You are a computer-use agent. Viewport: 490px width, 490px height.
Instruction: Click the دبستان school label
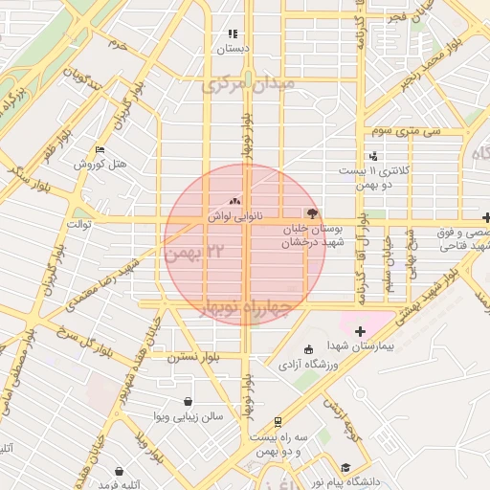pos(233,48)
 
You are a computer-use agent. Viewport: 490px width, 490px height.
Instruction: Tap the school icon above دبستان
pos(233,33)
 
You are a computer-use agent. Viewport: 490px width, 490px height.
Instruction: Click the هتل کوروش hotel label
pos(101,164)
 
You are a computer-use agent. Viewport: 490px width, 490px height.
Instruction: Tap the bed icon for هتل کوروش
pos(100,150)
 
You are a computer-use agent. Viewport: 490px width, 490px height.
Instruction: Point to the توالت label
pos(78,224)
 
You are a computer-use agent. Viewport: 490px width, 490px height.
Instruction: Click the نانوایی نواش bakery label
pos(234,217)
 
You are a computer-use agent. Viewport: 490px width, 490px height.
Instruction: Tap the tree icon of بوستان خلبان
pos(312,213)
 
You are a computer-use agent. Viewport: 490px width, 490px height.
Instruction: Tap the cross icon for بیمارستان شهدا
pos(360,331)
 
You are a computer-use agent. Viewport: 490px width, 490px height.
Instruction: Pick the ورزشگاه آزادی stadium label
pos(308,366)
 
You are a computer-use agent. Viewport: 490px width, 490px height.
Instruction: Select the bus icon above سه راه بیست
pos(278,421)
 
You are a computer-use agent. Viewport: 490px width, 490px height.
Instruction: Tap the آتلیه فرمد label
pos(119,485)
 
